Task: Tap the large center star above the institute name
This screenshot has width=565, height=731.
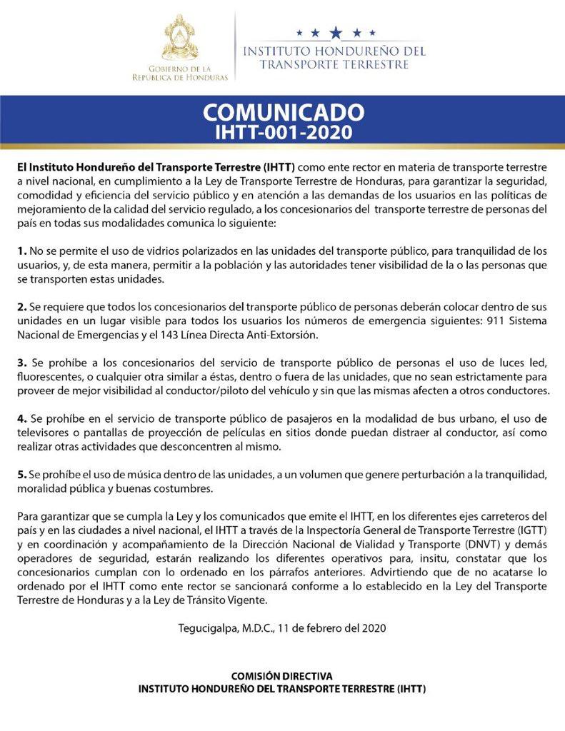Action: [x=335, y=32]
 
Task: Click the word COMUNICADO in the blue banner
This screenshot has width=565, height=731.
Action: [x=284, y=113]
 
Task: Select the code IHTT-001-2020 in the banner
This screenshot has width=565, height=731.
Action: [x=284, y=132]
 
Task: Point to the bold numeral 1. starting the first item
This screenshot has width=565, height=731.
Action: [x=22, y=251]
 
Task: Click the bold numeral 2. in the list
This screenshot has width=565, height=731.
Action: [x=22, y=306]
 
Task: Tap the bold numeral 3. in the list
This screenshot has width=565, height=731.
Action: [x=22, y=361]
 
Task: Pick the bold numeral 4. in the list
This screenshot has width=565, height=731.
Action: [x=22, y=417]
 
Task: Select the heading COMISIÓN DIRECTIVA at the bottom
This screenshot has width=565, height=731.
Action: [x=282, y=675]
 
